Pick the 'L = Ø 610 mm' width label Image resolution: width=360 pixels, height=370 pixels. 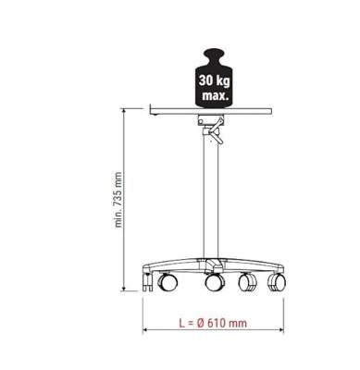click(x=212, y=323)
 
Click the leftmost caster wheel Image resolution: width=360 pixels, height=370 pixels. click(x=168, y=281)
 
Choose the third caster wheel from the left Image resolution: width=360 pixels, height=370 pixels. click(x=248, y=281)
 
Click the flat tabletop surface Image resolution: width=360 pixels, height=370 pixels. click(x=214, y=109)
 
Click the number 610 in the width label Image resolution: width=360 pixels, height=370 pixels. click(x=217, y=323)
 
